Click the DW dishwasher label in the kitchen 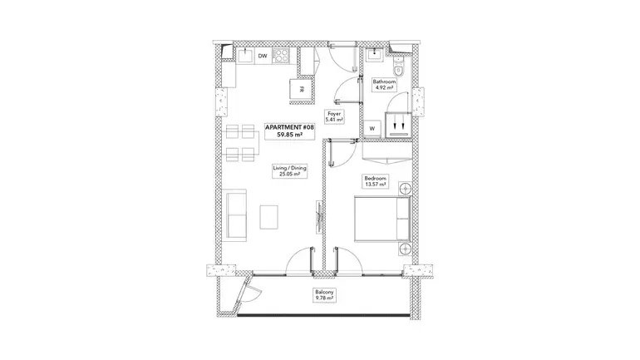263,56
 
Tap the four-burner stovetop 280,56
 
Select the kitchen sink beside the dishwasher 246,56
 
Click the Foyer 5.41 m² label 334,116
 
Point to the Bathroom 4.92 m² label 384,85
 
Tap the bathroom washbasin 374,55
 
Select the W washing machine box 372,129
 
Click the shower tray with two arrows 398,125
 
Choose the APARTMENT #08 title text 289,127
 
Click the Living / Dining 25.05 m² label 289,171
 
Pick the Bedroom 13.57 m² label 376,181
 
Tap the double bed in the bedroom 382,219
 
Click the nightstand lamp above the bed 406,189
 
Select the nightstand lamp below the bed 406,249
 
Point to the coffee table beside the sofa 269,217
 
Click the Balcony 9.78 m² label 324,295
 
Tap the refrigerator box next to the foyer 302,90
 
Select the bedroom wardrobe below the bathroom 387,151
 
